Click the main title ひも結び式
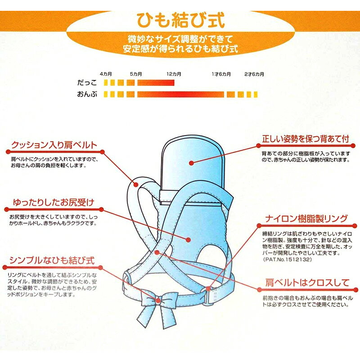click(180, 20)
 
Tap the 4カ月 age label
click(106, 74)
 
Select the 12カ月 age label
click(174, 74)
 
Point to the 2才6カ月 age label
click(254, 74)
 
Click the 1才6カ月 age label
click(221, 74)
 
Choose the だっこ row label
click(87, 83)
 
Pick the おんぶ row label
click(87, 94)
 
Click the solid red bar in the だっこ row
click(156, 83)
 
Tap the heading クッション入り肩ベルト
click(54, 145)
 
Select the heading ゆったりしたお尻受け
click(53, 202)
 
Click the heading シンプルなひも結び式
click(52, 261)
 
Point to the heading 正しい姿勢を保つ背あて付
click(306, 139)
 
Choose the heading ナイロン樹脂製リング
click(306, 219)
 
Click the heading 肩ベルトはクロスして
click(307, 283)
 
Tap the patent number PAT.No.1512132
click(287, 260)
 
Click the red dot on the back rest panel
click(191, 163)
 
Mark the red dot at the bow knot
click(158, 301)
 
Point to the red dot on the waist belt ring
click(208, 288)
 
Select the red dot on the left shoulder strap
click(136, 184)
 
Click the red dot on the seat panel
click(188, 240)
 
